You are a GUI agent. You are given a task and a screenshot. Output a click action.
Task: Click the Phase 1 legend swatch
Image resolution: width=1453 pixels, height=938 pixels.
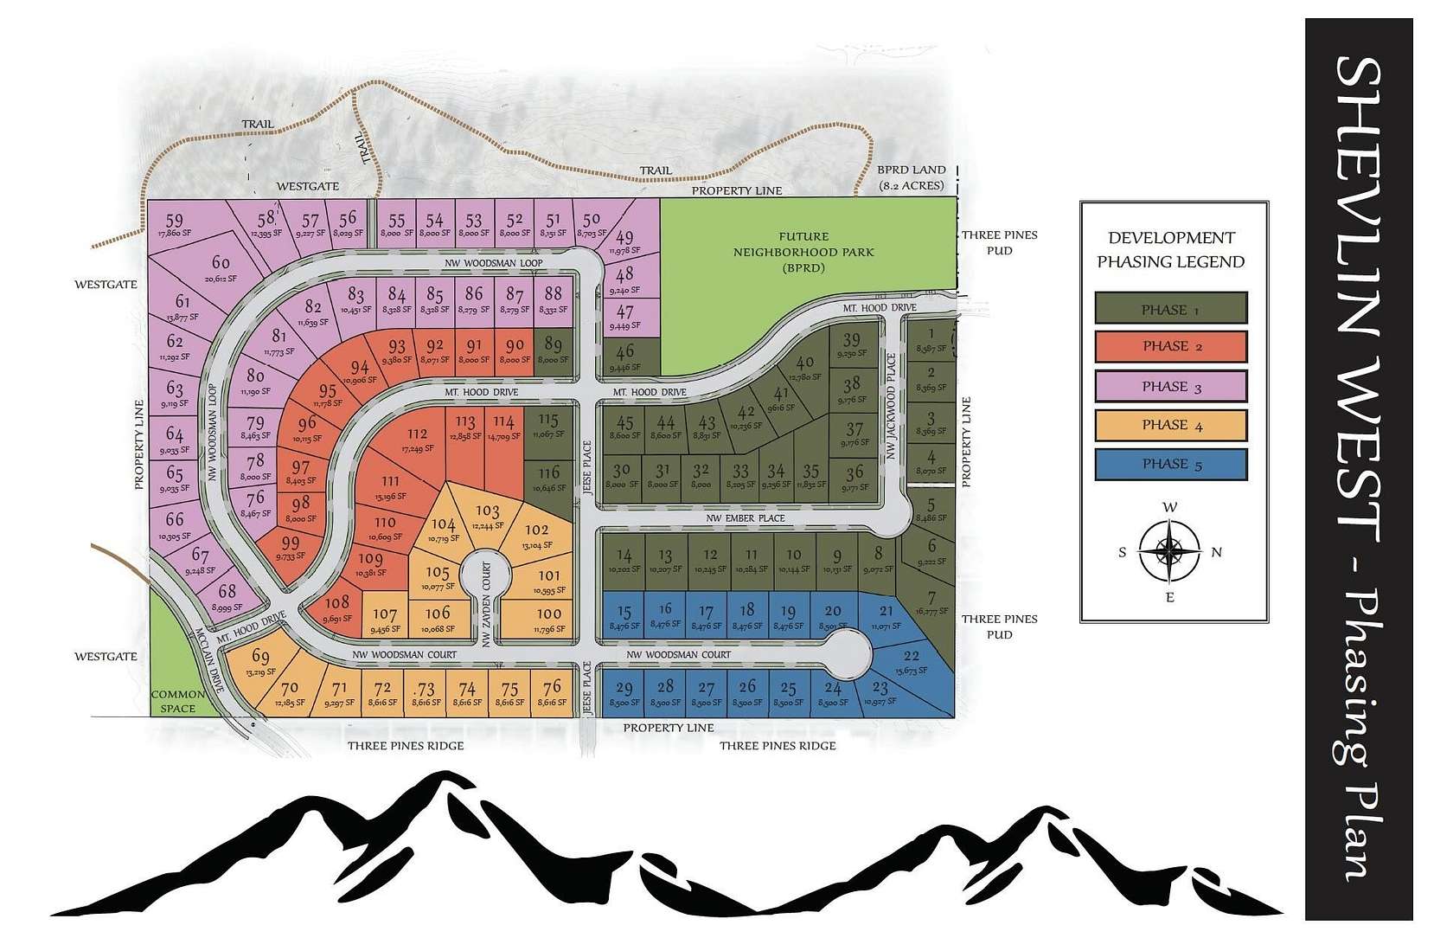1170,309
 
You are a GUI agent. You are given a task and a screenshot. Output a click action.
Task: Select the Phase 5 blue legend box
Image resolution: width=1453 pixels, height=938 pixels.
1170,464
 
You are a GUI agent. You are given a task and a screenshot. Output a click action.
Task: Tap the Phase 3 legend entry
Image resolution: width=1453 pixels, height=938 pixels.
1170,386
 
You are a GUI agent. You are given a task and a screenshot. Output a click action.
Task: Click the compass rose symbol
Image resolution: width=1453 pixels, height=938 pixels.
1169,550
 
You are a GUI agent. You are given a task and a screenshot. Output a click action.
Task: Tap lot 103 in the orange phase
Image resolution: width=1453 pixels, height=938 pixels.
488,516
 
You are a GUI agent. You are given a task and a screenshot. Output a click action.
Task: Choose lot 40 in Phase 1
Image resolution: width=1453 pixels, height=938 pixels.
804,367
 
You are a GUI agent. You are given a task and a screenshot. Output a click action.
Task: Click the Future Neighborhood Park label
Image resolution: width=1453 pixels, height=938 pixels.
803,252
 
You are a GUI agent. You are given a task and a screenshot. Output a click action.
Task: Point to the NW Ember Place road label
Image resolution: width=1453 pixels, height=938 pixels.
745,518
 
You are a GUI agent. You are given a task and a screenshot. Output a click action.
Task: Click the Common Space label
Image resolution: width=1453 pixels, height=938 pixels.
178,701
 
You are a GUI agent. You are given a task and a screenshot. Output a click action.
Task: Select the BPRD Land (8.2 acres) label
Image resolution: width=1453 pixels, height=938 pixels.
912,177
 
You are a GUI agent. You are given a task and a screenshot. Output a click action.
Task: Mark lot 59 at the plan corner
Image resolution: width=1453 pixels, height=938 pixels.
174,225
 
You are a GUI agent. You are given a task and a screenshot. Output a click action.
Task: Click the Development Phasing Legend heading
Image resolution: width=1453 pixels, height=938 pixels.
1171,249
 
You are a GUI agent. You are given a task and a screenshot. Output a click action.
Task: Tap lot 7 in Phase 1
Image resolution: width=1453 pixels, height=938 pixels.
931,601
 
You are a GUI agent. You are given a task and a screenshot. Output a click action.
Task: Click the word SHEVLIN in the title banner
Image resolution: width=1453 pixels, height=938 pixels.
1359,156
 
